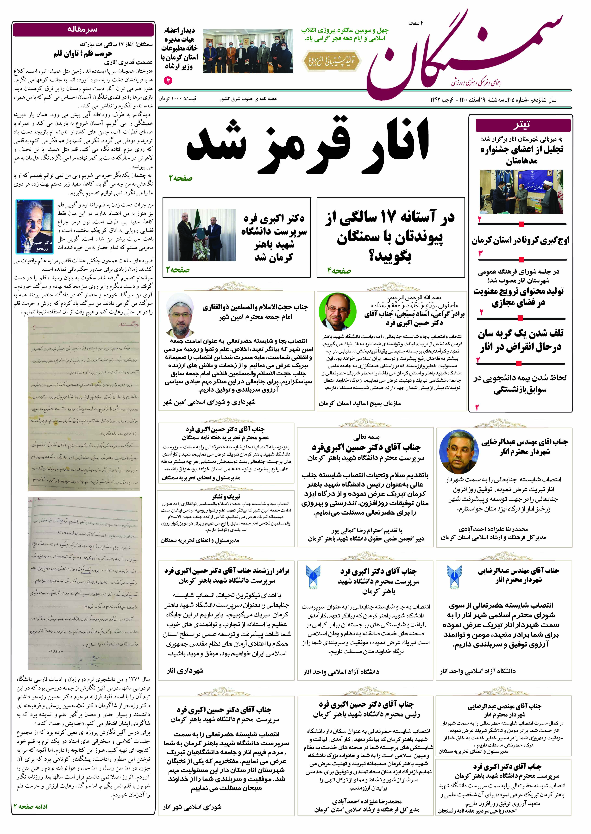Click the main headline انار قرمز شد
tap(308, 144)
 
